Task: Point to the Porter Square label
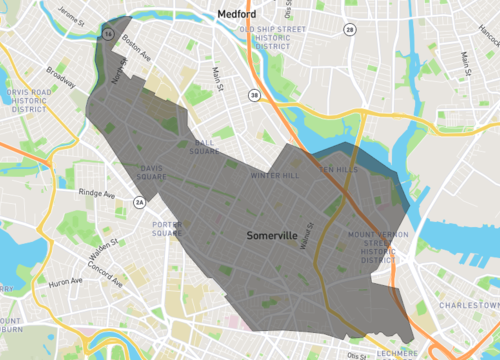pos(167,229)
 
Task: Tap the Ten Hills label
pos(337,170)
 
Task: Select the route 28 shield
pos(349,30)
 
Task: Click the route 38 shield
pos(255,95)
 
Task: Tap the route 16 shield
pos(107,33)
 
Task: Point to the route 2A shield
pos(140,204)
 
